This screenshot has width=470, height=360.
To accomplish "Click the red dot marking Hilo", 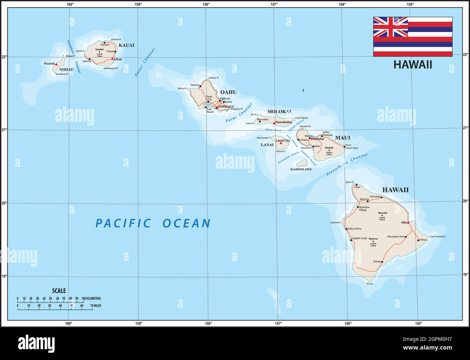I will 408,223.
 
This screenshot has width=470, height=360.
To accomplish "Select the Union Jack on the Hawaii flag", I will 390,27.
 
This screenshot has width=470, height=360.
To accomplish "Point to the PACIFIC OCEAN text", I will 153,223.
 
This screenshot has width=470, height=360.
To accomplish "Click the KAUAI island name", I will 127,45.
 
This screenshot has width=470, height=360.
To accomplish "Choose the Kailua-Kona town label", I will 355,229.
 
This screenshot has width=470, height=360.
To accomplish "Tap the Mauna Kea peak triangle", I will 382,215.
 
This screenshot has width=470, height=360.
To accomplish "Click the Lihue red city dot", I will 112,59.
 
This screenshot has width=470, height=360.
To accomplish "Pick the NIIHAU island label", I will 66,69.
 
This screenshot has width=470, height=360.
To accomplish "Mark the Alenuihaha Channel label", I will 347,164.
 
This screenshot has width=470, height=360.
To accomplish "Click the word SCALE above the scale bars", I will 59,291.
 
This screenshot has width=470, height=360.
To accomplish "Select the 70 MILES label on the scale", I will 95,306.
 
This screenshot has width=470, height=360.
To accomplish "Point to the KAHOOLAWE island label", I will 301,169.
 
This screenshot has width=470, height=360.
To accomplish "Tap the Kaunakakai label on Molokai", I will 284,122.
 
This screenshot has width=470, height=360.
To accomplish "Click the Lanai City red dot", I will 281,143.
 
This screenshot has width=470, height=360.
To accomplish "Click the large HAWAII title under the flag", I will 413,65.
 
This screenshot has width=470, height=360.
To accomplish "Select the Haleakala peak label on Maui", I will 329,147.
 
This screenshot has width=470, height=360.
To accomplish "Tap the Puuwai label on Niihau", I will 49,64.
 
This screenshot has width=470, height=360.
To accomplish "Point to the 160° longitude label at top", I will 70,4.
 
